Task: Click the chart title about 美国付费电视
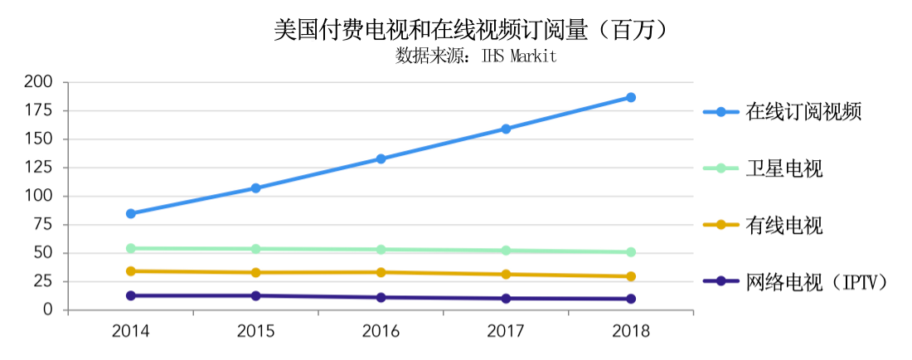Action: coord(470,31)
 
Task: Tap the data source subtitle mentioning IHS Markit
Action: coord(476,56)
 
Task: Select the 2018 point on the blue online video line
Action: coord(631,97)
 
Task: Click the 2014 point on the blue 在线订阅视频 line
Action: coord(131,213)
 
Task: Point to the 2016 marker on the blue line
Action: coord(381,158)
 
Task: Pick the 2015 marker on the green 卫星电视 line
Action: coord(255,249)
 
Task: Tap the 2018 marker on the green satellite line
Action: coord(631,252)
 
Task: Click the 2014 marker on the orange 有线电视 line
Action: coord(131,271)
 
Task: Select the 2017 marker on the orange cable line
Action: coord(506,275)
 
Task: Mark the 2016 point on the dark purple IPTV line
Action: coord(381,297)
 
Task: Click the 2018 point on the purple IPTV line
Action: coord(631,299)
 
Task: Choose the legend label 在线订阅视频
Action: coord(803,112)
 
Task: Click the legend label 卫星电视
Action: coord(783,169)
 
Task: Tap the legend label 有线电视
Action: coord(783,225)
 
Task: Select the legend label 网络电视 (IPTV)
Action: coord(817,282)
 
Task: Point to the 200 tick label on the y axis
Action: coord(39,82)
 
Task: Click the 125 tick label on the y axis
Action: coord(39,168)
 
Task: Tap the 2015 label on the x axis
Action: coord(255,332)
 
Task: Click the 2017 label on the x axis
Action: coord(506,332)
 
